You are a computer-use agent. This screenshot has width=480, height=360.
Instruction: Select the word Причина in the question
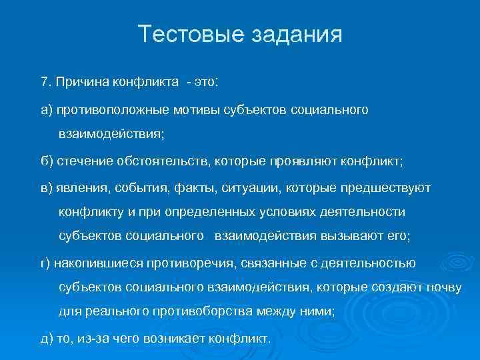(x=79, y=81)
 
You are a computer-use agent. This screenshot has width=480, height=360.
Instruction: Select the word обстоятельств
(x=150, y=160)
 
